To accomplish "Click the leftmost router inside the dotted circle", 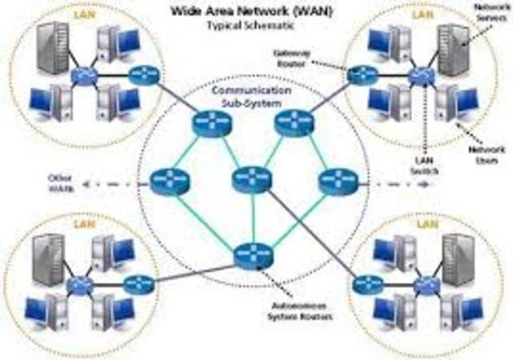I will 168,182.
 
